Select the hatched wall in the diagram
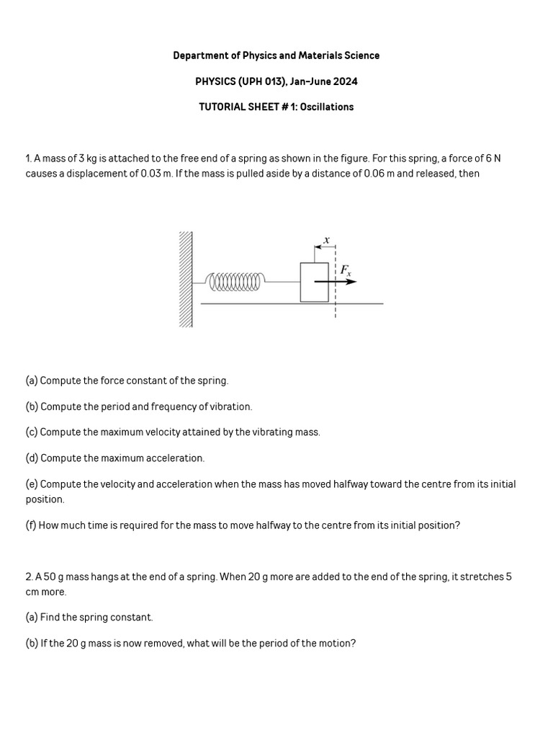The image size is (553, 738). [186, 280]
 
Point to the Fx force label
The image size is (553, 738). [346, 270]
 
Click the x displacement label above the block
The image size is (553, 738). [326, 239]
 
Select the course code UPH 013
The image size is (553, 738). [262, 81]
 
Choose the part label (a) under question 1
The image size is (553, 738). [32, 381]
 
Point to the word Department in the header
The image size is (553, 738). [199, 55]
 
